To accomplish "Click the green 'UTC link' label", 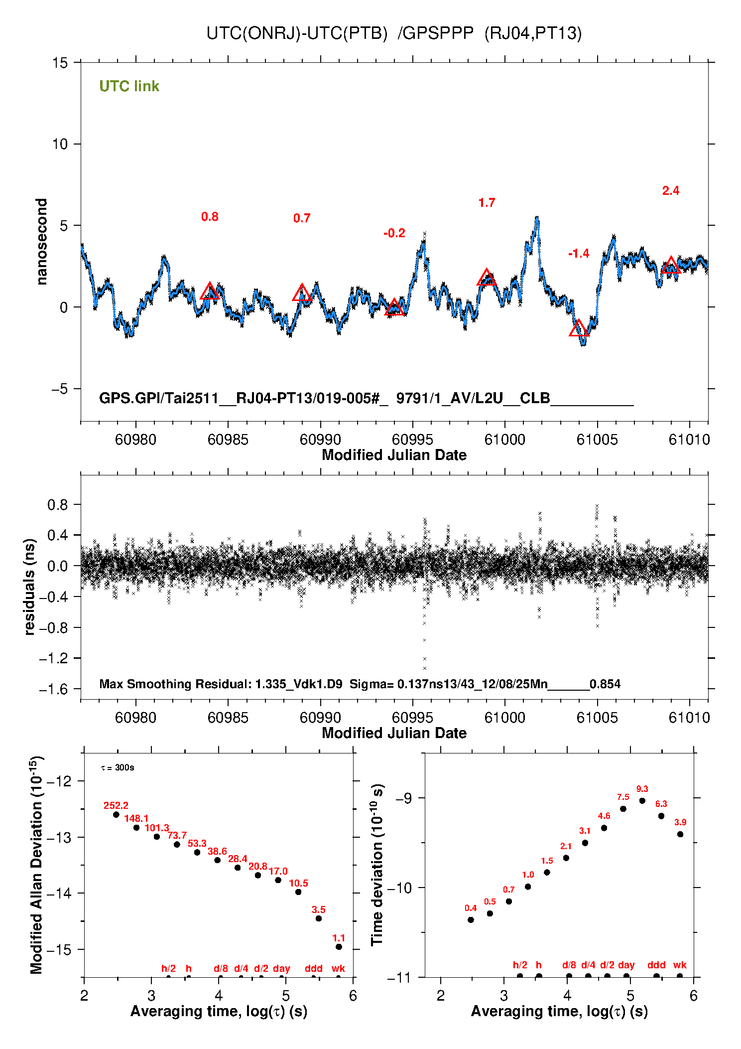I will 129,86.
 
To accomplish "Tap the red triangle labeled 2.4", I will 671,266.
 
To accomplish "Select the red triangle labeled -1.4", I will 579,329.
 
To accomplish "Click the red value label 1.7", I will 487,203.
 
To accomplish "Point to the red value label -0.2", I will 394,233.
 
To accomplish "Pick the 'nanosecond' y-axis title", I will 41,242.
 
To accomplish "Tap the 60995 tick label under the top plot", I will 412,440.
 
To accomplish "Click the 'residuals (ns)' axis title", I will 30,587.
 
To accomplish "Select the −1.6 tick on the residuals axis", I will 53,689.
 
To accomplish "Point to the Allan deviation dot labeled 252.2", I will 116,815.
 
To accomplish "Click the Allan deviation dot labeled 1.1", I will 339,947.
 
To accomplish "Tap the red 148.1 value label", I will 136,818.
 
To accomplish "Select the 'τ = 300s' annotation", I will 118,767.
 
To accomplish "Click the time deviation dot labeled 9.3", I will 642,801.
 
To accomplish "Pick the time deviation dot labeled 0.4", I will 471,920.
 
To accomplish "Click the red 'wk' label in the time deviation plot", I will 680,965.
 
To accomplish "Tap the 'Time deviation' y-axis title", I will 377,865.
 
